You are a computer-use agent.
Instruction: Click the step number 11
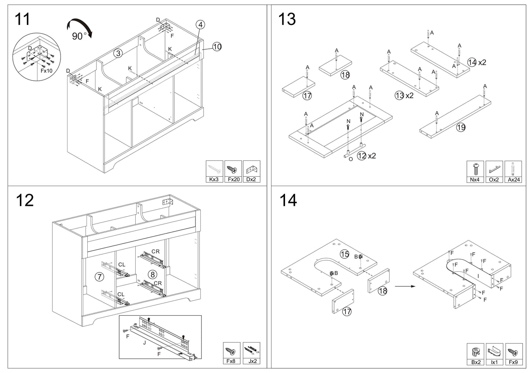[x=22, y=19]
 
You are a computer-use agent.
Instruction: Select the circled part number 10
[x=217, y=46]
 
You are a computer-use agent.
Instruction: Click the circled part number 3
[x=118, y=53]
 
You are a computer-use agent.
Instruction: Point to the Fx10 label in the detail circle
[x=46, y=70]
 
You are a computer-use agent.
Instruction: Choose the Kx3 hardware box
[x=214, y=171]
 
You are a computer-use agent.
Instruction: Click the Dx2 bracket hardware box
[x=252, y=171]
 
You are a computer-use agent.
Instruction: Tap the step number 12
[x=25, y=200]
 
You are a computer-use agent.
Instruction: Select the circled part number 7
[x=99, y=276]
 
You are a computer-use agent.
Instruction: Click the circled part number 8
[x=153, y=275]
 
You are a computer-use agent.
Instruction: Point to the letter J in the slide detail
[x=145, y=343]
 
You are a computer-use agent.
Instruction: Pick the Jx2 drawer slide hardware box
[x=252, y=353]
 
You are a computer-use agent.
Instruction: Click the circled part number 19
[x=461, y=127]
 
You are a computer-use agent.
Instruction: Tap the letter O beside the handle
[x=351, y=159]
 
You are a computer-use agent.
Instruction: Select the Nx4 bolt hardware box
[x=475, y=172]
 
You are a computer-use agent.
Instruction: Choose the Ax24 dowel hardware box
[x=513, y=172]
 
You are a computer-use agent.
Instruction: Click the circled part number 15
[x=344, y=254]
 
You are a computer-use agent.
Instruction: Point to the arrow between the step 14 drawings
[x=405, y=286]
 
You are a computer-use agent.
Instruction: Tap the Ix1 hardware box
[x=494, y=354]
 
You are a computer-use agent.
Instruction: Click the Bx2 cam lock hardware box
[x=476, y=354]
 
